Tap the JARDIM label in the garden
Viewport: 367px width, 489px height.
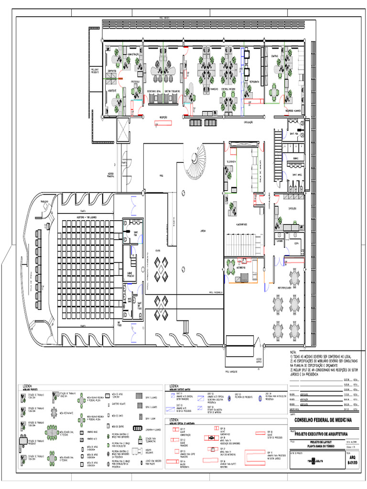tap(203, 230)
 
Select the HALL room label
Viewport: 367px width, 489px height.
tap(162, 175)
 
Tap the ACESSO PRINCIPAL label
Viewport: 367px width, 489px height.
tap(111, 175)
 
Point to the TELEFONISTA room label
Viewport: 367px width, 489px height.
tap(231, 162)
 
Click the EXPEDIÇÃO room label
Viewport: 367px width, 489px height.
tap(292, 209)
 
